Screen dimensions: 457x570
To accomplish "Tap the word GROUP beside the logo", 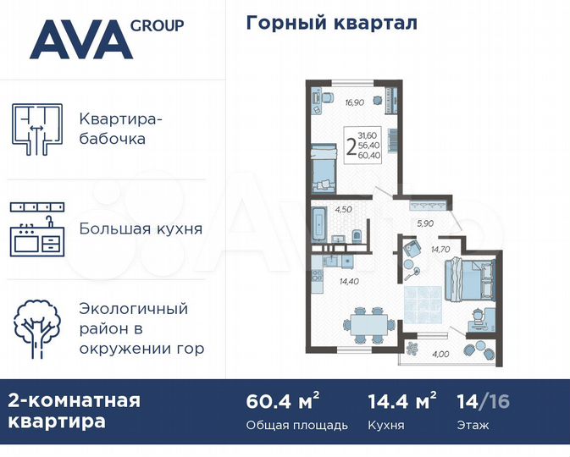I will (x=157, y=25).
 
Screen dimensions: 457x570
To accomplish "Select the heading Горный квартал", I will (x=331, y=23).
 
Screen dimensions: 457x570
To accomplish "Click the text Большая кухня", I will (x=141, y=228).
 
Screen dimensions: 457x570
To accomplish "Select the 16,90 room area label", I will (x=356, y=104).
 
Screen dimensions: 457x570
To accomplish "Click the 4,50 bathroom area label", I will (x=343, y=208).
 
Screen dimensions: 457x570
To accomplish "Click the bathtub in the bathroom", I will (x=319, y=223).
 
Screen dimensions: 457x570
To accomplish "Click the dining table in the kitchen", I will (x=368, y=322).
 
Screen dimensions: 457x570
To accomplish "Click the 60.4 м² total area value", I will (x=271, y=401).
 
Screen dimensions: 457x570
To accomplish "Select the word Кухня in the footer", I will (x=385, y=425).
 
